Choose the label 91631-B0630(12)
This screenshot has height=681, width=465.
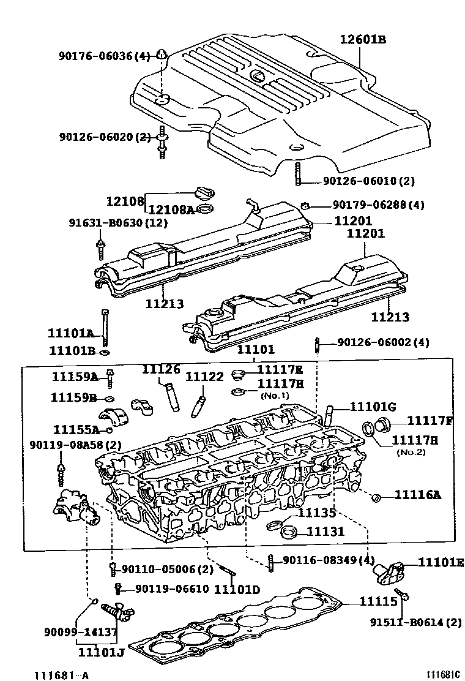coord(117,223)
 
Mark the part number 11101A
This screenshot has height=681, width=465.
coord(71,334)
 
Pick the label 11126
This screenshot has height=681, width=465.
coord(161,369)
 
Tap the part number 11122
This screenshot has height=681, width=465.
coord(204,377)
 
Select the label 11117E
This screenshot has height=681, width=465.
coord(280,369)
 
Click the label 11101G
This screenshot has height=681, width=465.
coord(373,407)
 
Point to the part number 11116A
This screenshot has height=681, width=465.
coord(417,495)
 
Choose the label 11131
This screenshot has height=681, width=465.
coord(325,532)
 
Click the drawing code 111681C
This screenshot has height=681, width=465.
coord(443,675)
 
